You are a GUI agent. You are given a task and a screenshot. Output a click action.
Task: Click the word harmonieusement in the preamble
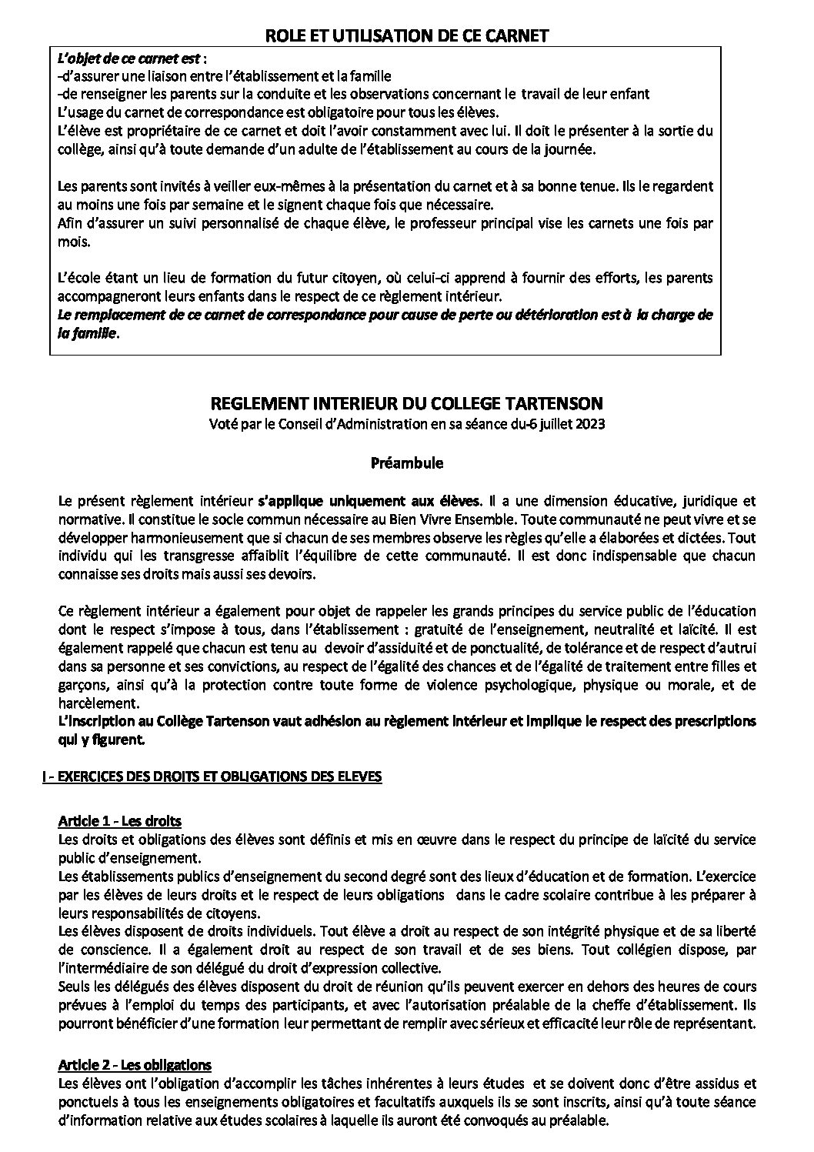[x=172, y=537]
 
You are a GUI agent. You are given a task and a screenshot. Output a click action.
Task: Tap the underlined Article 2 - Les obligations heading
[x=135, y=1066]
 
